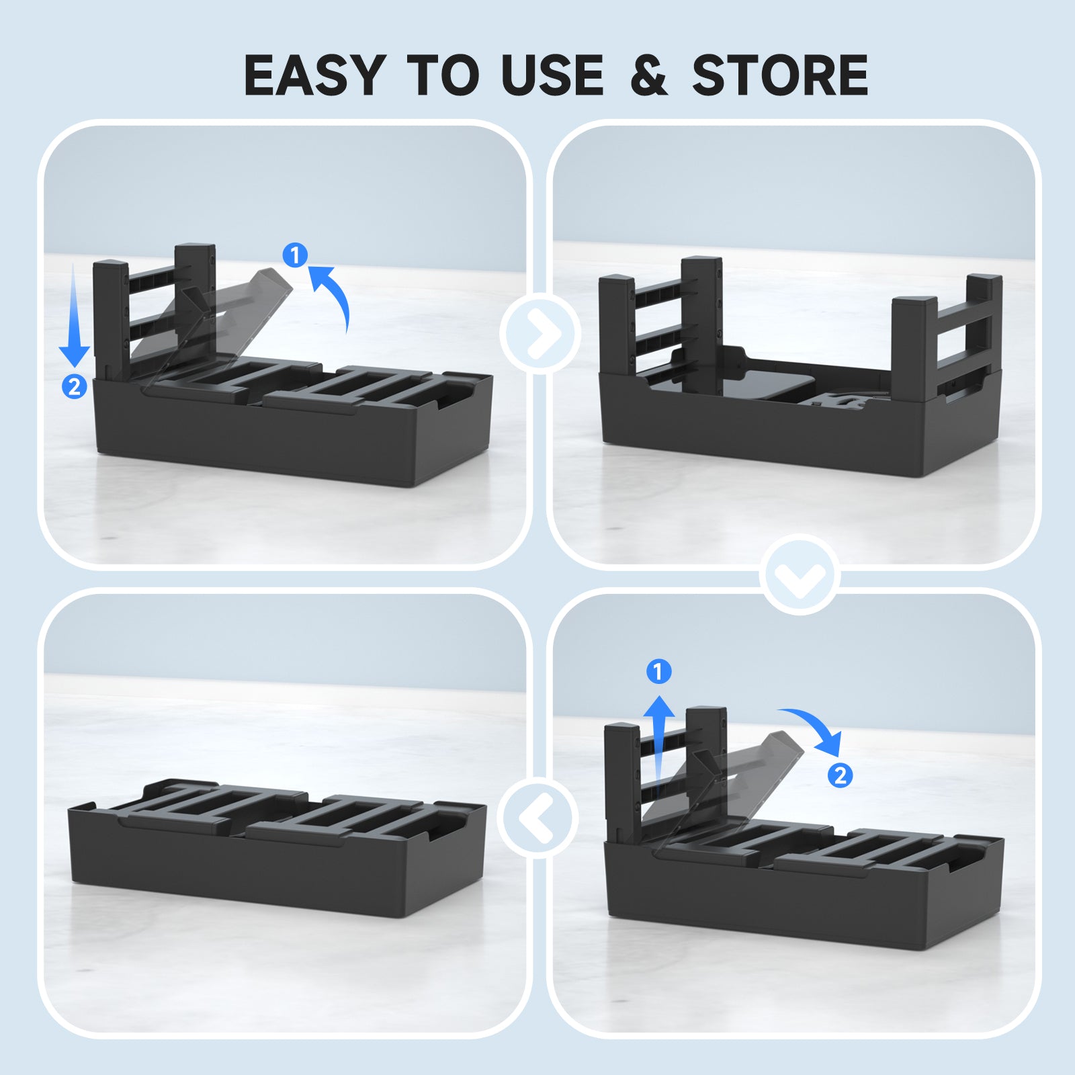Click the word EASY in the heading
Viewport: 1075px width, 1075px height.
[314, 75]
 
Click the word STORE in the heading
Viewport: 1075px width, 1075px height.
[780, 75]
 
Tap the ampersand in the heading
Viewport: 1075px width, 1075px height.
[649, 75]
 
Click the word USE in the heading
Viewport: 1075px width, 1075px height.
[552, 75]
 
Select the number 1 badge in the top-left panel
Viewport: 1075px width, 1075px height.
[295, 255]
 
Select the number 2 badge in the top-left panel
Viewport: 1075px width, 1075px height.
[75, 386]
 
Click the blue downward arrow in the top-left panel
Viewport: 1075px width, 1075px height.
[74, 314]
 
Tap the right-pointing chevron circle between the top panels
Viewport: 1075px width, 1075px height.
[540, 333]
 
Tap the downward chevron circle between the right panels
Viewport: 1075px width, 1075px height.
[800, 574]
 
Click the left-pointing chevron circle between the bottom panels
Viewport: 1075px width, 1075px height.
[537, 817]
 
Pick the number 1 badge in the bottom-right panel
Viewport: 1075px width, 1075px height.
[658, 671]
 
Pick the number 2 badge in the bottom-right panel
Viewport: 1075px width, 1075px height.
[840, 775]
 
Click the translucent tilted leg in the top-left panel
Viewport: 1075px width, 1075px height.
[215, 322]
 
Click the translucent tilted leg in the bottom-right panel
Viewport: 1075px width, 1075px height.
[726, 783]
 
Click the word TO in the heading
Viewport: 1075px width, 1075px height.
[443, 75]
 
